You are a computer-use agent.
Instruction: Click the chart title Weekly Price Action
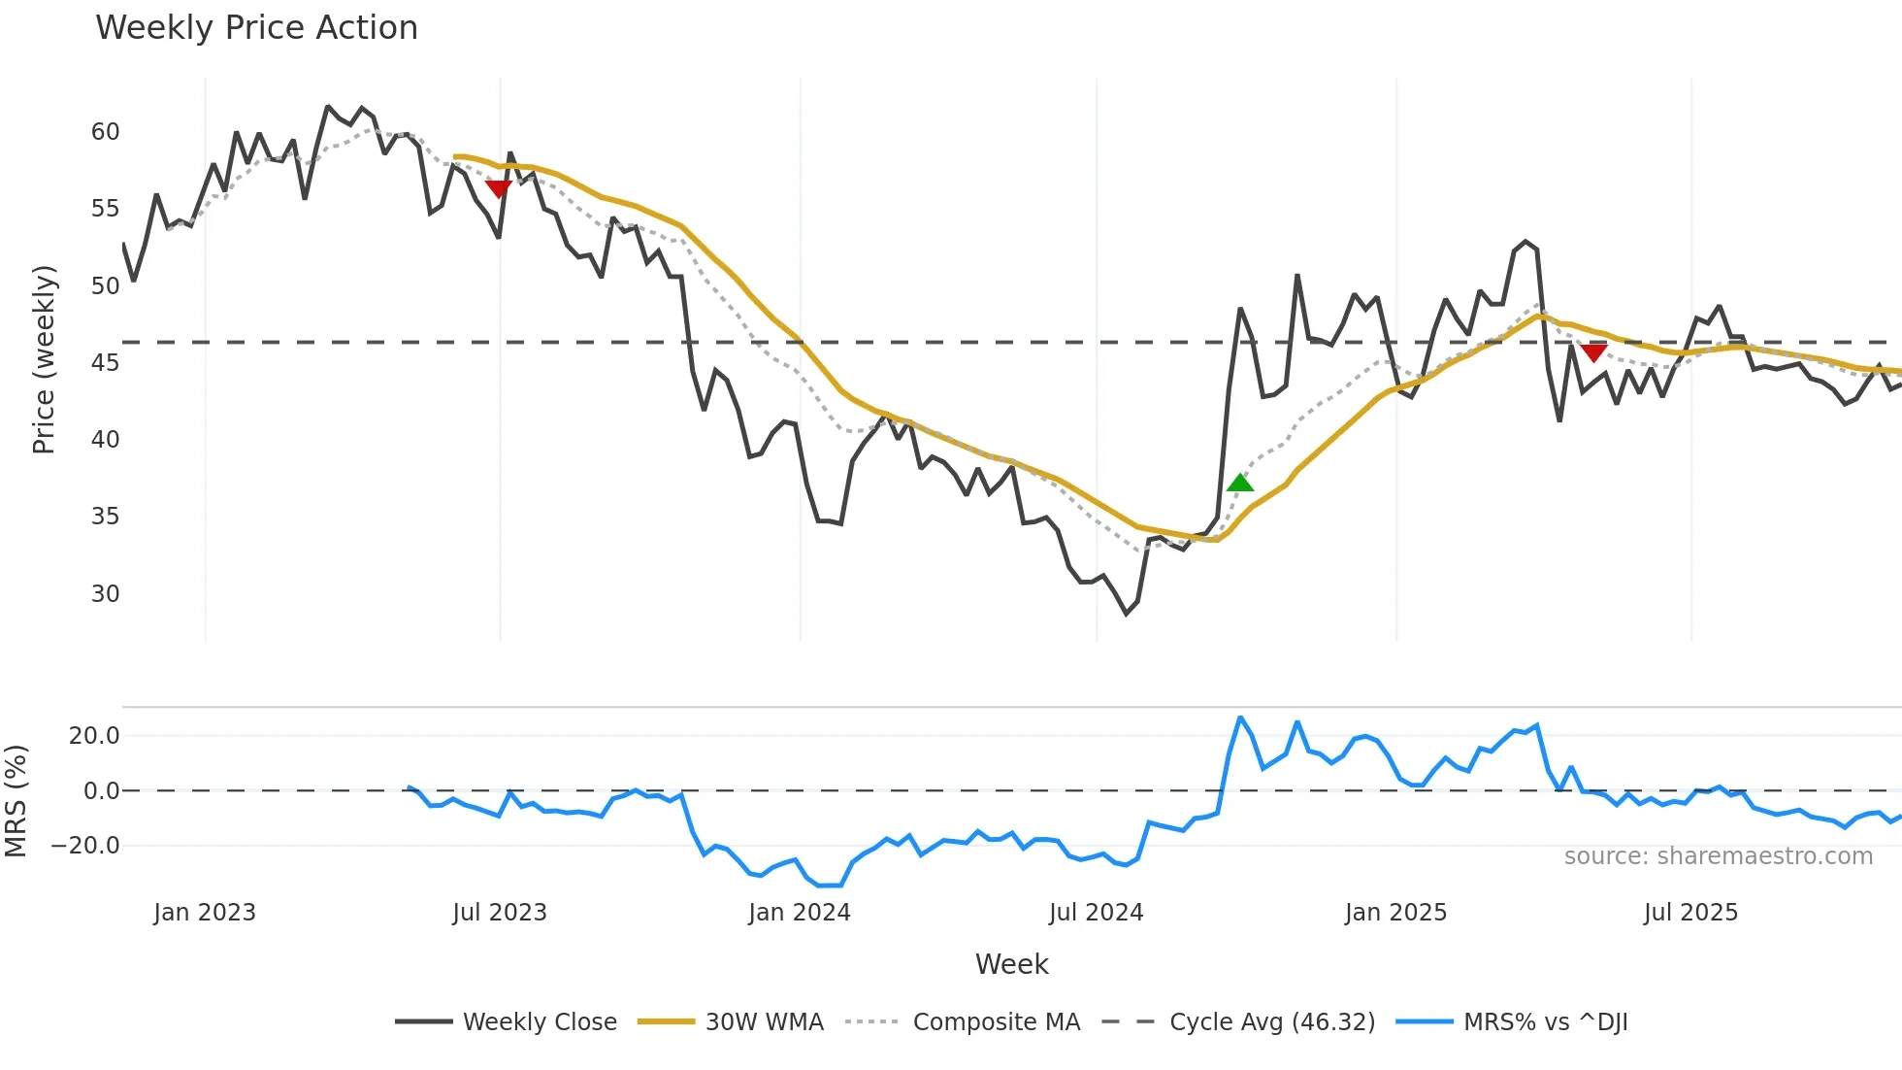point(256,28)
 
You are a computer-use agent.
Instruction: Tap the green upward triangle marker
point(1239,483)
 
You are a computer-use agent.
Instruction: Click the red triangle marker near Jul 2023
point(498,188)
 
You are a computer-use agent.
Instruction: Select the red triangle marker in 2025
point(1593,352)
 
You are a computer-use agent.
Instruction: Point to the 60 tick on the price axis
point(105,132)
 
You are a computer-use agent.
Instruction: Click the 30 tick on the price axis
point(105,593)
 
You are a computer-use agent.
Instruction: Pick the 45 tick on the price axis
point(105,363)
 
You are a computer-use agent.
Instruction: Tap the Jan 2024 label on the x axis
point(799,913)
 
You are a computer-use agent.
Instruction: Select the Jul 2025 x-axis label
point(1690,913)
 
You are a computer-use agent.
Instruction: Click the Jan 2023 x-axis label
point(205,913)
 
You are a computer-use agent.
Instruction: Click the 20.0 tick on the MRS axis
point(93,736)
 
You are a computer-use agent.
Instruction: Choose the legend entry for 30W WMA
point(764,1022)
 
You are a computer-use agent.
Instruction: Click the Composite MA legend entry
point(996,1022)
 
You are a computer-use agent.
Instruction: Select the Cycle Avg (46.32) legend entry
point(1271,1022)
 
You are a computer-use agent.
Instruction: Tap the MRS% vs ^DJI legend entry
point(1545,1022)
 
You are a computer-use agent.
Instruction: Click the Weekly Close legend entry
point(539,1022)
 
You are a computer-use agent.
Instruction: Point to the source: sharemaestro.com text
point(1718,856)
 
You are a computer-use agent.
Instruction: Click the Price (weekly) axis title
point(45,359)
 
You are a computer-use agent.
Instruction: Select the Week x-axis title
point(1011,964)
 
